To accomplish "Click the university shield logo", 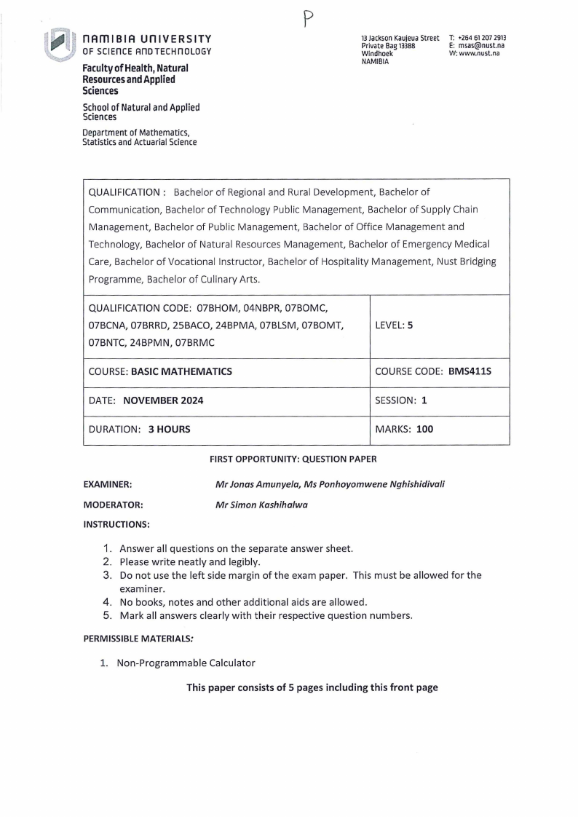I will (59, 45).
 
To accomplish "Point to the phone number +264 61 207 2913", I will (482, 38).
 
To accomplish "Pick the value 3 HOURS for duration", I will (169, 430).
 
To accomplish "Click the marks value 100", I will (424, 430).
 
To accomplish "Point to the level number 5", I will (411, 326).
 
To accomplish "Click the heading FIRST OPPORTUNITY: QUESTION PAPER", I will (293, 459).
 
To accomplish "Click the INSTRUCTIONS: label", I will (116, 524).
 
